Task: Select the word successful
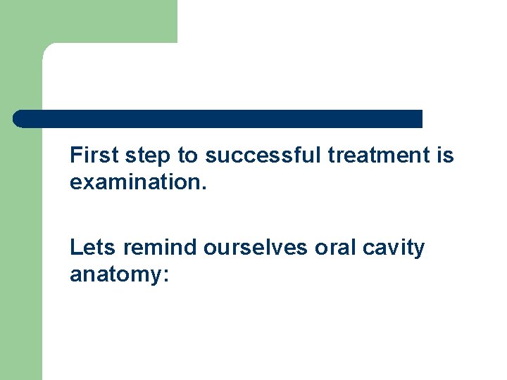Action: (263, 156)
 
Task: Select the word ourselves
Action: (256, 248)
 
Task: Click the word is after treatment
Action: (445, 156)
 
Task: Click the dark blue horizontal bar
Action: (218, 119)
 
